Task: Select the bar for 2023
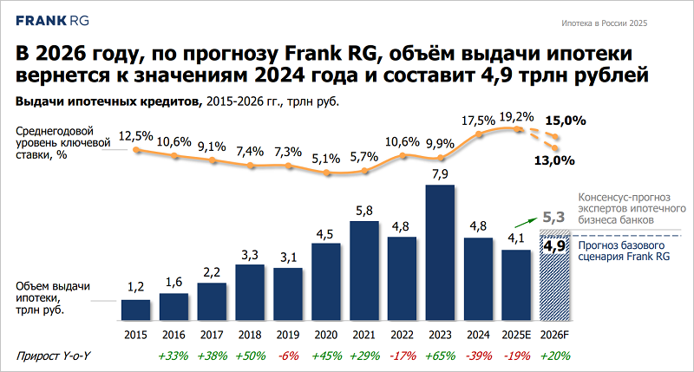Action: coord(440,251)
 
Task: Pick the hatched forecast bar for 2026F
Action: coord(554,277)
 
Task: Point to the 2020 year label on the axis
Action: coord(325,334)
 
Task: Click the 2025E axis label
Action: coord(516,334)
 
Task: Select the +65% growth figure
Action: coord(440,356)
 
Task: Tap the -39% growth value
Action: coord(478,356)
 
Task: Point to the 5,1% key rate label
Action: coord(325,158)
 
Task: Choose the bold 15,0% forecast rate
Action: coord(565,121)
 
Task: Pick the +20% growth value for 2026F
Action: coord(554,356)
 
